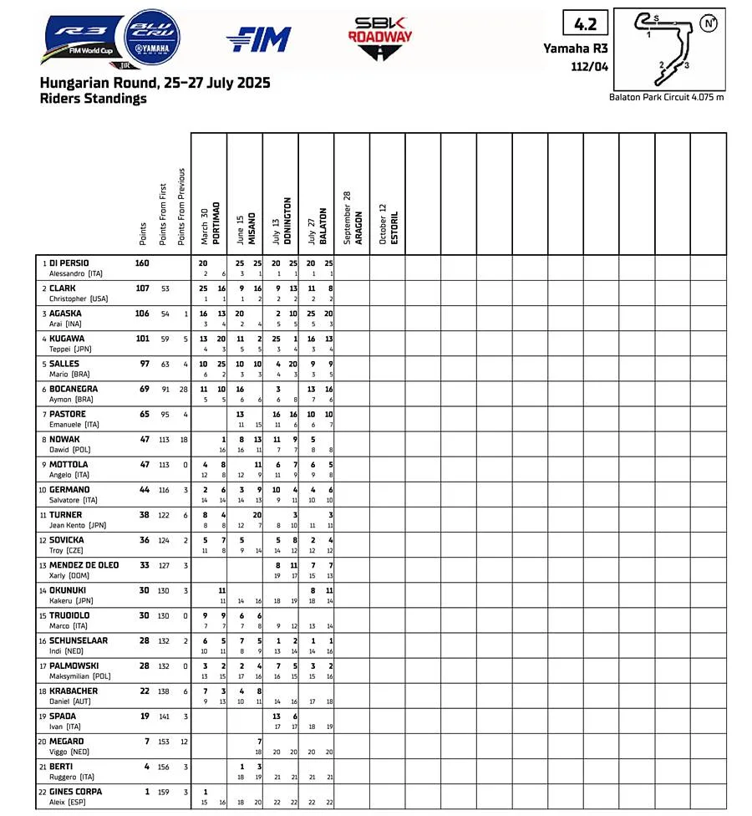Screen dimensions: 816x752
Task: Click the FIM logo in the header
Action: (x=258, y=38)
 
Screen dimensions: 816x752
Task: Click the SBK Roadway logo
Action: (x=380, y=38)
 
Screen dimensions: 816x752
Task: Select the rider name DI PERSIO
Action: (x=69, y=263)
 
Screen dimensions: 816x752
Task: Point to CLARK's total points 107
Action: (x=142, y=288)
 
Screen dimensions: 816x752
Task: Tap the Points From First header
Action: (x=163, y=213)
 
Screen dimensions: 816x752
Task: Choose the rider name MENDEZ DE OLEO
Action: (x=84, y=565)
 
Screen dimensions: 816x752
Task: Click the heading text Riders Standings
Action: (x=93, y=99)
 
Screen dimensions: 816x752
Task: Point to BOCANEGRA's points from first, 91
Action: (x=164, y=390)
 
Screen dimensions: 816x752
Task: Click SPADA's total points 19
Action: (x=144, y=717)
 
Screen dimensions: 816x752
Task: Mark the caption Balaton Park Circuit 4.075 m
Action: (x=667, y=98)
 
